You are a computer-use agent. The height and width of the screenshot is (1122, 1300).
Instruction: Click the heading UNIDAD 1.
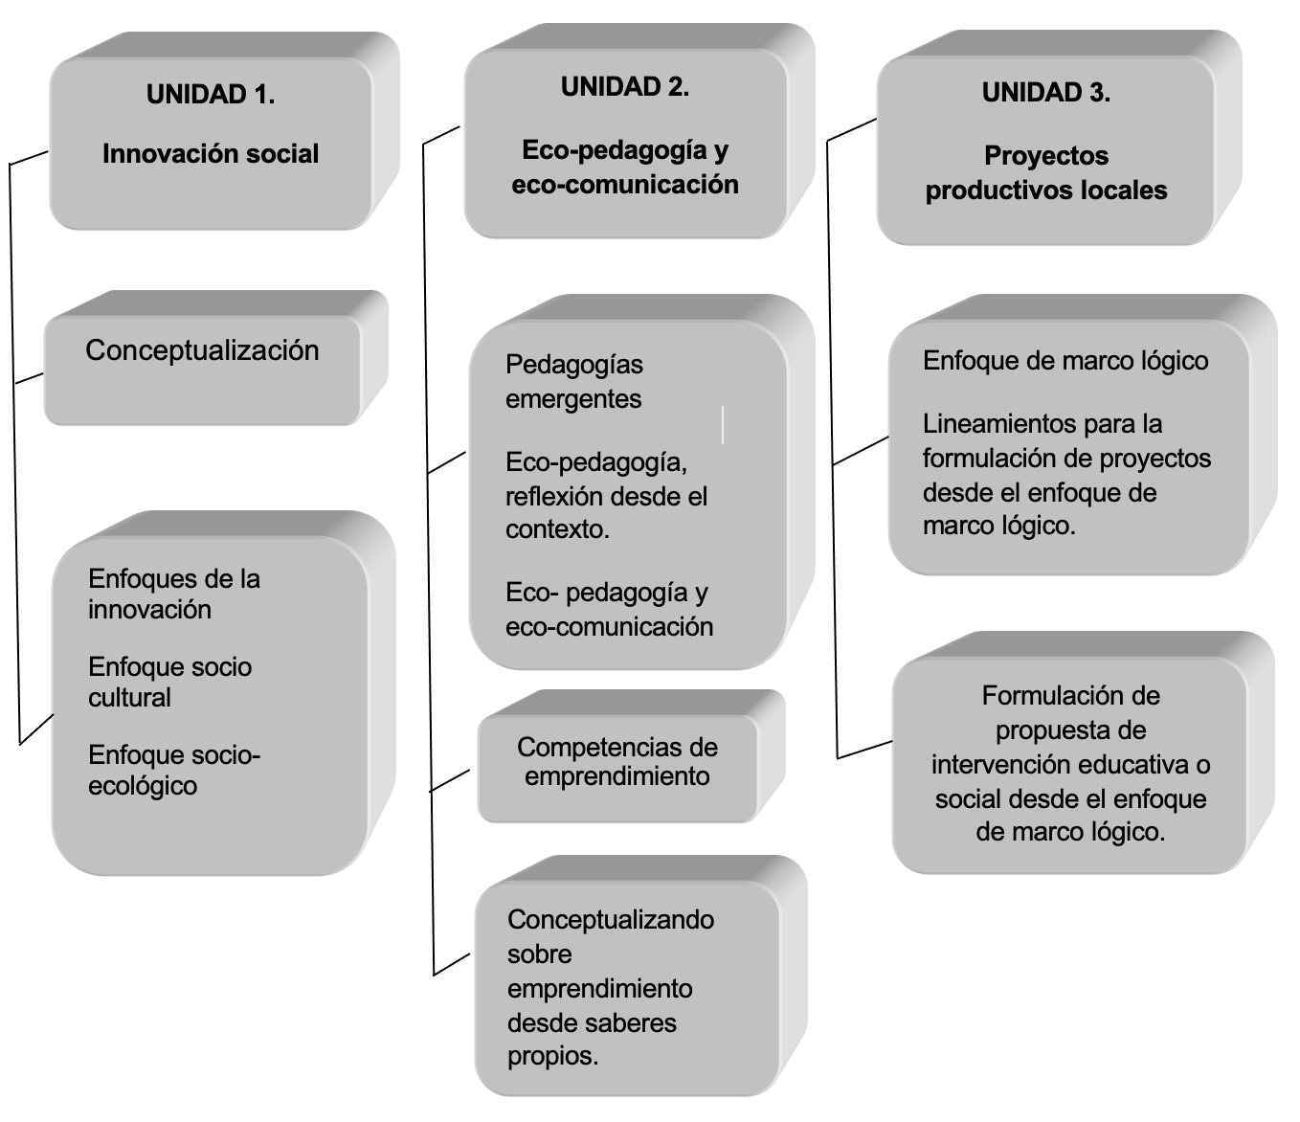(211, 95)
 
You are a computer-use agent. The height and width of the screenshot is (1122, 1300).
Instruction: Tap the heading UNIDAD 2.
(625, 87)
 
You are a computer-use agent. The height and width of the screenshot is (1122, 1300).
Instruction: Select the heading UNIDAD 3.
(1046, 93)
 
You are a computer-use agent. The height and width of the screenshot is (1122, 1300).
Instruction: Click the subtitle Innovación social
(211, 154)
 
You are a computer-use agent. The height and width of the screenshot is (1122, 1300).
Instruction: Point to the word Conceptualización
(203, 350)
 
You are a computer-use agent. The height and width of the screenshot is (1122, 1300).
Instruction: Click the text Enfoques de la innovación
(174, 595)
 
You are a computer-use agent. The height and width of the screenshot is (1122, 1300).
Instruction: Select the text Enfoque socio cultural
(169, 683)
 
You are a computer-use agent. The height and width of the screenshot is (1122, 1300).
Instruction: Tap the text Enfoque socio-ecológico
(174, 771)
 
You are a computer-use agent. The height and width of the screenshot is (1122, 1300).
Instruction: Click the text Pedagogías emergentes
(574, 382)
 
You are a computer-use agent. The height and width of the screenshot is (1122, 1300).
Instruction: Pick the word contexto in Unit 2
(558, 529)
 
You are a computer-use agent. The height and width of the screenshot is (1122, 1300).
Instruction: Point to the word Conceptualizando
(611, 919)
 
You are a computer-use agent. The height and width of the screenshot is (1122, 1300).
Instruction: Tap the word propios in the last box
(552, 1056)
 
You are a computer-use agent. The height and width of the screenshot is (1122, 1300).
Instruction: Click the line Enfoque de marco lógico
(1065, 361)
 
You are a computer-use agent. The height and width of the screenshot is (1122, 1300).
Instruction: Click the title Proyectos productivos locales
(1046, 173)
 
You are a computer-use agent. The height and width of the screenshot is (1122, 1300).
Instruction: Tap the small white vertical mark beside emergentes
(723, 425)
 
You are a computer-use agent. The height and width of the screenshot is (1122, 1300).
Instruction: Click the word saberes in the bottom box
(636, 1022)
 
